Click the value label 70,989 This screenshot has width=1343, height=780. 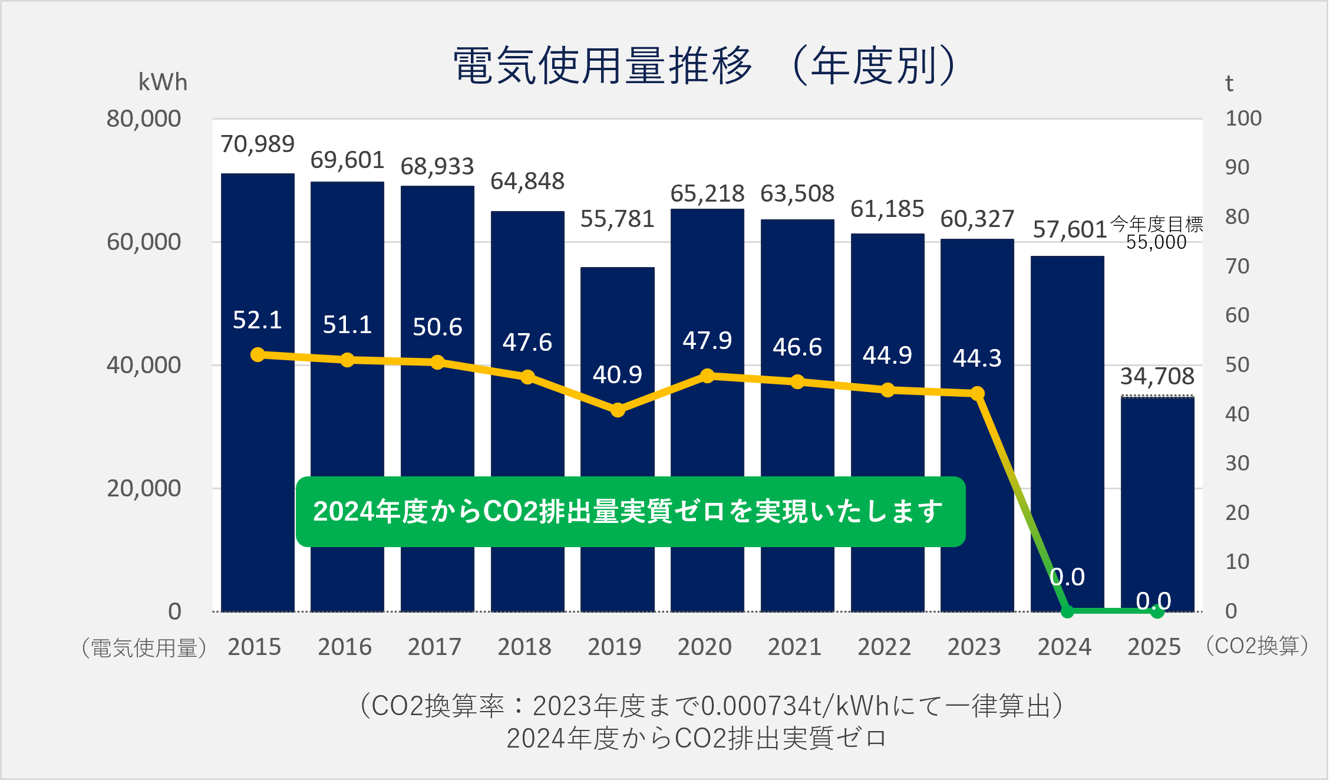point(258,144)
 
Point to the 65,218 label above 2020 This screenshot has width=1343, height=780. point(707,193)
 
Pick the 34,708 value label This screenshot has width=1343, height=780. point(1157,376)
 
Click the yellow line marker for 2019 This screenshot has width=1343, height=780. point(617,410)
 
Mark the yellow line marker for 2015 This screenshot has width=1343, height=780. point(258,354)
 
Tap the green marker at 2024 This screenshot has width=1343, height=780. point(1067,611)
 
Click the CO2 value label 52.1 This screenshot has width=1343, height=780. point(258,320)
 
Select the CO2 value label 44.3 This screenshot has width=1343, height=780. point(977,358)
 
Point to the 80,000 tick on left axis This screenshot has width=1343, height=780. point(144,119)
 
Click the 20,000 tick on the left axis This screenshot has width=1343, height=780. point(144,488)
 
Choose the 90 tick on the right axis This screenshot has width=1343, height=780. point(1237,167)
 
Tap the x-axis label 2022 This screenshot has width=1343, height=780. point(884,647)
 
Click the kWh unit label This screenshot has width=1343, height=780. point(163,82)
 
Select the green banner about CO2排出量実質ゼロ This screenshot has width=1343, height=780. point(630,511)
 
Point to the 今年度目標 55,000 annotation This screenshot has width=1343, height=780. point(1156,233)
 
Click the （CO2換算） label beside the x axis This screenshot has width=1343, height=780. point(1257,646)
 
